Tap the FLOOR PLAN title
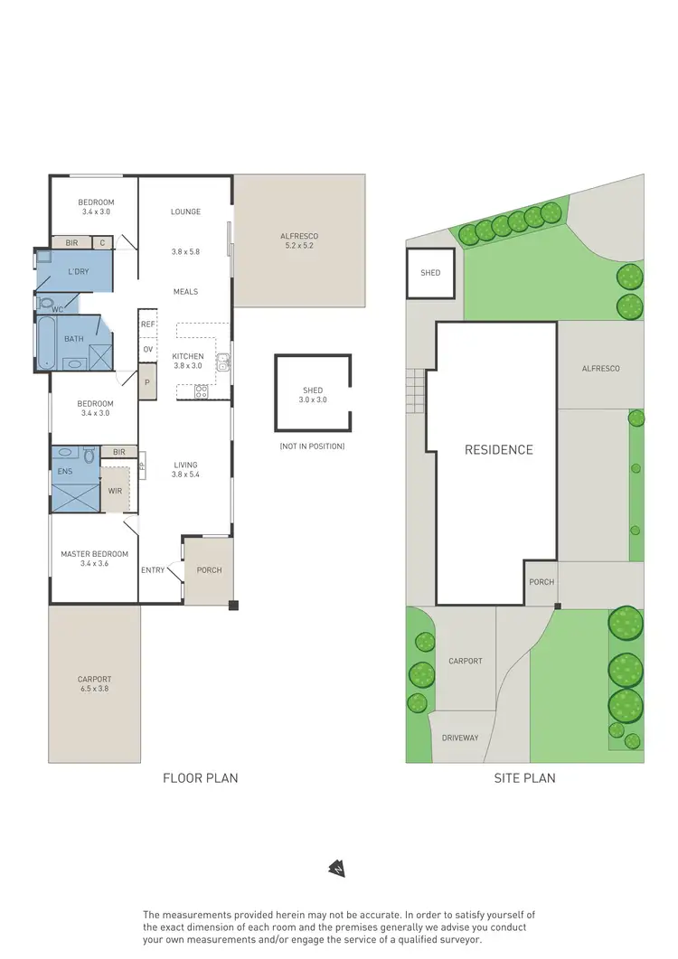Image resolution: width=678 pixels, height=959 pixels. tap(200, 777)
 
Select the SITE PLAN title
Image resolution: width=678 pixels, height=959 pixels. tap(524, 777)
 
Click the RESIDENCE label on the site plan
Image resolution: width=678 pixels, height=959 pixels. tap(499, 449)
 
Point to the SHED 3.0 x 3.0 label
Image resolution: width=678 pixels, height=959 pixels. tap(313, 395)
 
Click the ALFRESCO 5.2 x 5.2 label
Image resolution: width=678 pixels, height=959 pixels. tap(299, 240)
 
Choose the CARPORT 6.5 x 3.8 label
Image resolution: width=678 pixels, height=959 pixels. tap(94, 684)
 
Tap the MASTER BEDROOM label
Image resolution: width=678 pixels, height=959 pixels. tap(94, 559)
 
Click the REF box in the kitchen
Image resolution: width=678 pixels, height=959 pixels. tap(147, 323)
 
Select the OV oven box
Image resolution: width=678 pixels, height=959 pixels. tap(147, 349)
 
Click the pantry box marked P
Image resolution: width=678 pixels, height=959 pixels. tap(147, 382)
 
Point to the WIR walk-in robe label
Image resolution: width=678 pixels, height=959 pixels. tap(115, 490)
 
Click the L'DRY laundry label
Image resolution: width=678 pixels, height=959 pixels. tap(78, 271)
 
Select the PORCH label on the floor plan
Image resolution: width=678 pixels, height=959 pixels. tap(209, 570)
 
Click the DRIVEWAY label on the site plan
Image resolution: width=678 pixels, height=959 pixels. tap(460, 738)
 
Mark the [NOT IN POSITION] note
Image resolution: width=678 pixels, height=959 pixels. tap(313, 447)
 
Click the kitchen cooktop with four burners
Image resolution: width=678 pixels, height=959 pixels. tap(201, 391)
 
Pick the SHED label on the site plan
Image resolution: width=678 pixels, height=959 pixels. tap(430, 272)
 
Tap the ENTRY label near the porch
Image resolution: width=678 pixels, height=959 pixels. tap(153, 570)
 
